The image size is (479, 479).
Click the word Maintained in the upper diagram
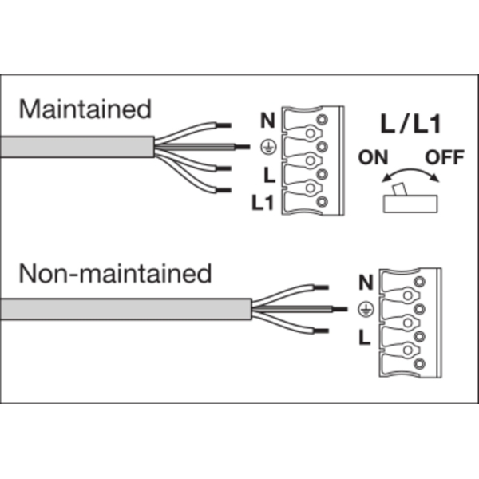click(85, 109)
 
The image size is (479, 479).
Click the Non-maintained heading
click(116, 274)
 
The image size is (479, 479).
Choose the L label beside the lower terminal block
click(365, 337)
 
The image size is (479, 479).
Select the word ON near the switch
click(373, 156)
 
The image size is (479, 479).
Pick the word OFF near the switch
click(444, 156)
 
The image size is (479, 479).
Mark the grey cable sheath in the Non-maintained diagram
click(128, 309)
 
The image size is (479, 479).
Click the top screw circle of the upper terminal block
click(322, 121)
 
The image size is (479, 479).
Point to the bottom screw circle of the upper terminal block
click(322, 203)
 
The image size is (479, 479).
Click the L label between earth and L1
click(269, 175)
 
